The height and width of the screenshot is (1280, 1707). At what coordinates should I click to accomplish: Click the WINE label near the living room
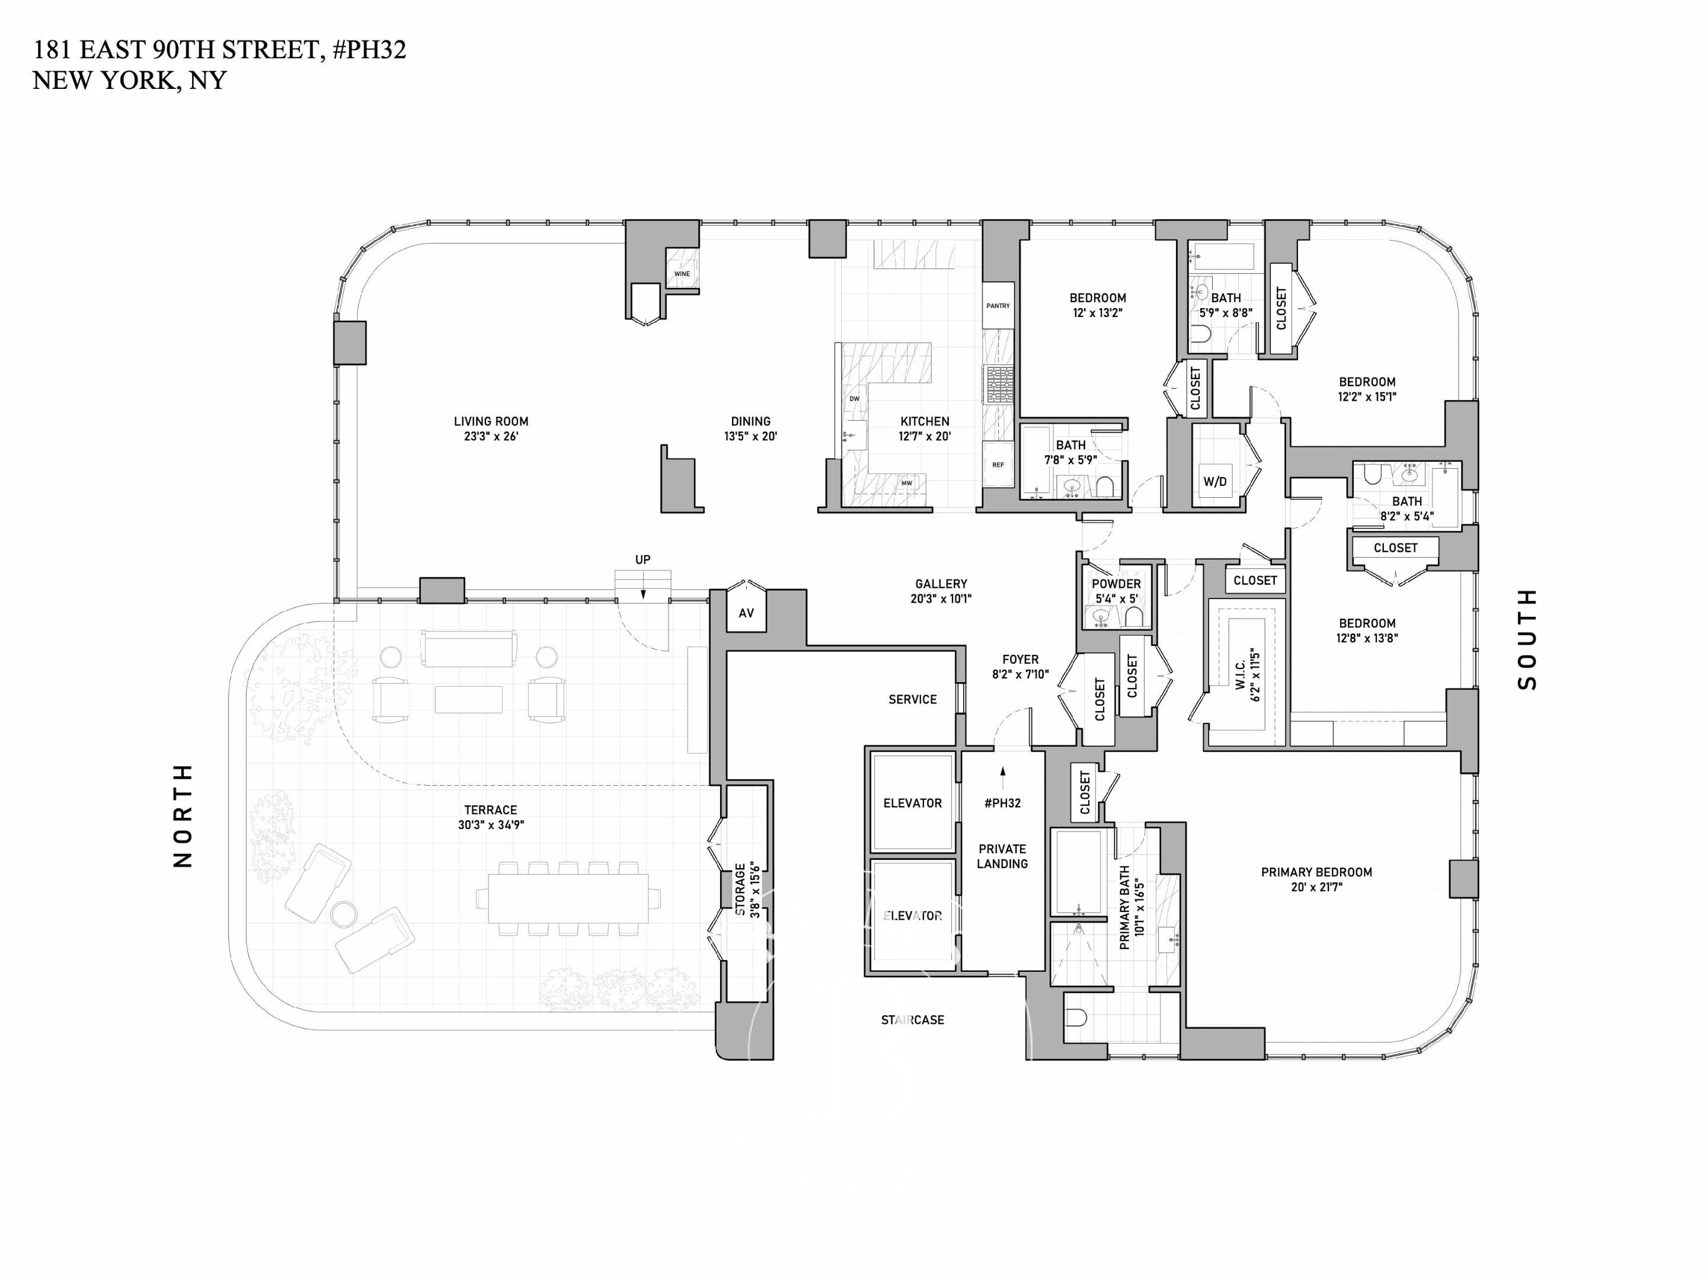682,274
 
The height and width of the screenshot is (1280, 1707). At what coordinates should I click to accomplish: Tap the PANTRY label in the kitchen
998,306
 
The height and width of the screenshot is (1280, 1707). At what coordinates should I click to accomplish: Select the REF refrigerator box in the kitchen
998,465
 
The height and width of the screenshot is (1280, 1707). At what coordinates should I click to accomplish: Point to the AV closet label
746,613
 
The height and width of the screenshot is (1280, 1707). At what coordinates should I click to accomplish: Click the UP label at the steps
643,559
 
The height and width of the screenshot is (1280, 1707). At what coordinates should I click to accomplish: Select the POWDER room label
1116,584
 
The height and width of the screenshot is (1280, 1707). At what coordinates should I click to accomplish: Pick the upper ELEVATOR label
912,803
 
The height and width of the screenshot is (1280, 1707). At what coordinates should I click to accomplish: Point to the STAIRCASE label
912,1020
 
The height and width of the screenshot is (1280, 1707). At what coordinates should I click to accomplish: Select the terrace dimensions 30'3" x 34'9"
491,825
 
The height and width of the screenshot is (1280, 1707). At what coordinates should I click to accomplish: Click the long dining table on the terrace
568,898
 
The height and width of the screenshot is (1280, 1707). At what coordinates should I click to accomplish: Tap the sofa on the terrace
468,648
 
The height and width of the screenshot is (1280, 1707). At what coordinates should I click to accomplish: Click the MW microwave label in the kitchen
907,483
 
